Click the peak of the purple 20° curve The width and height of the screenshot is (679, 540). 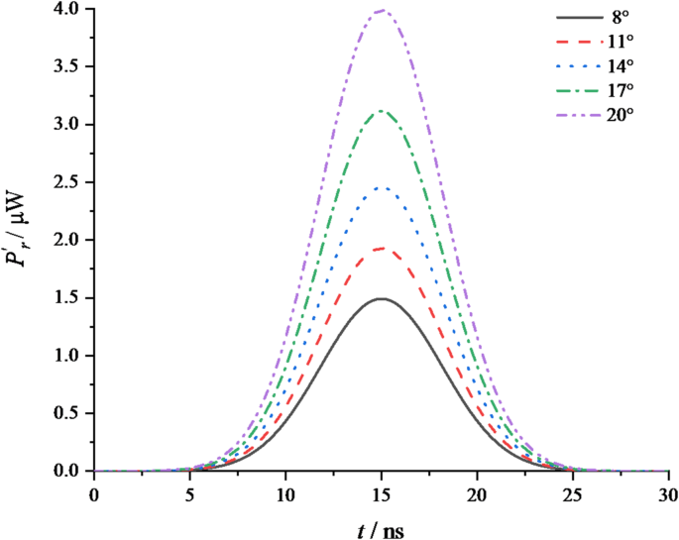pos(382,10)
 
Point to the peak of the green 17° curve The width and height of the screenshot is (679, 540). pos(382,111)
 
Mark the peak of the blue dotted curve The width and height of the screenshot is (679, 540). pos(382,187)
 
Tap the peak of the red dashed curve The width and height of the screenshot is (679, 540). pos(382,249)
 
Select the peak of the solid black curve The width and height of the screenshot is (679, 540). pos(382,298)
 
